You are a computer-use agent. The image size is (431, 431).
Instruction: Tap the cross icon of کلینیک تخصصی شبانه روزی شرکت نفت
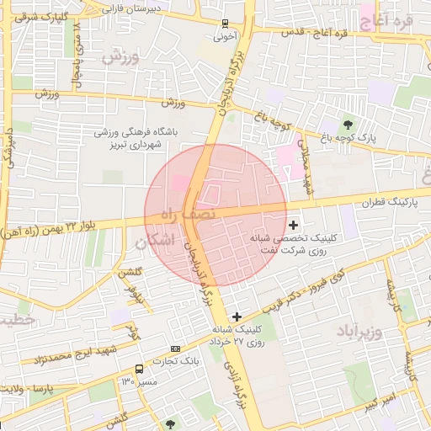pos(293,225)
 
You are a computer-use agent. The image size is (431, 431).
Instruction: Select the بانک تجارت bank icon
pos(175,349)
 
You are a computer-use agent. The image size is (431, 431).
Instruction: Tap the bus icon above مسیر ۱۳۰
pos(139,369)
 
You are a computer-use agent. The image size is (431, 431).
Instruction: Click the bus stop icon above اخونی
pos(224,24)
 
